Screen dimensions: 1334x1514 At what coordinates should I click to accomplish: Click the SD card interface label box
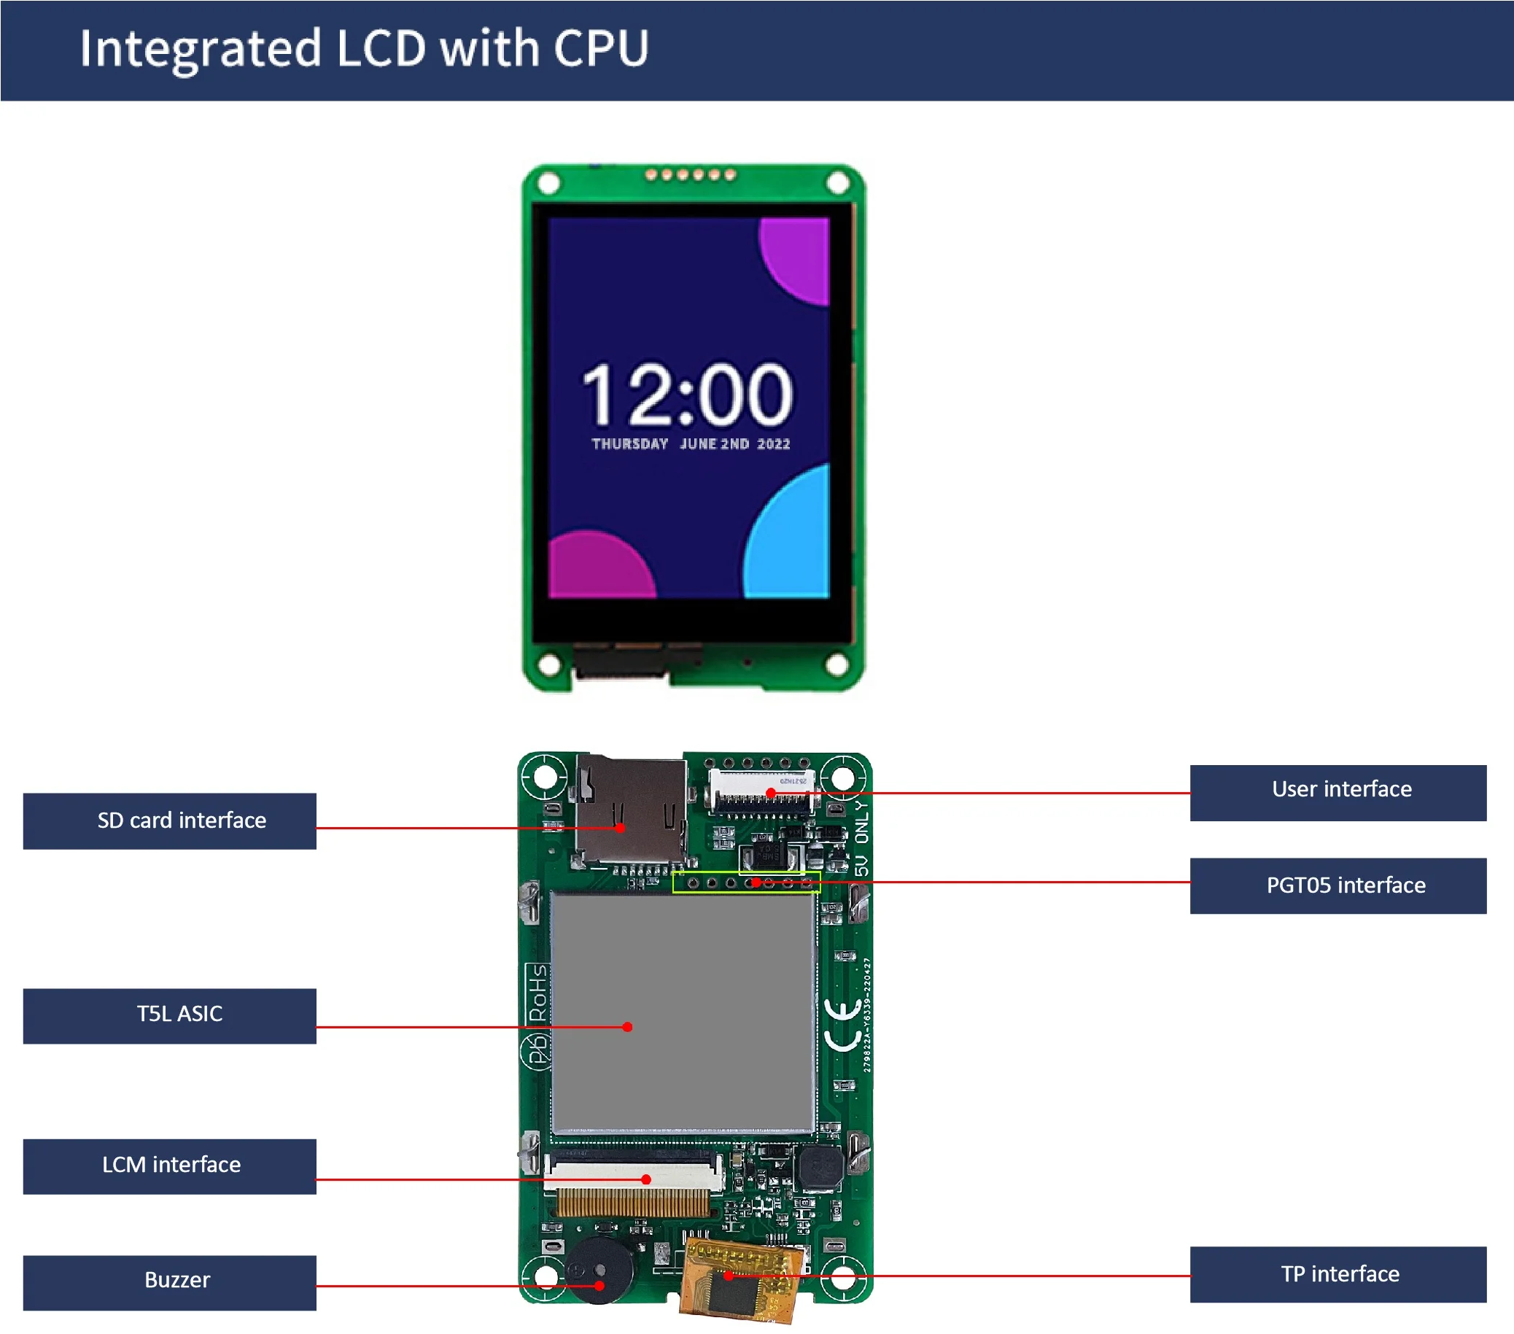click(169, 821)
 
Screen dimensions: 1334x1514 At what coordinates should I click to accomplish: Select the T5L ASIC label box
click(169, 1015)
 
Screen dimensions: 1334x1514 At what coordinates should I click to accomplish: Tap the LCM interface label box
click(169, 1166)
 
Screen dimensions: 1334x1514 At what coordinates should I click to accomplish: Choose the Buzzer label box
click(169, 1282)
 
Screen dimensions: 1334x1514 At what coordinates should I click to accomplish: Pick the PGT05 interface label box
click(1337, 886)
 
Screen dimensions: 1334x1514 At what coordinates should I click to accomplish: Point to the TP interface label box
click(1337, 1274)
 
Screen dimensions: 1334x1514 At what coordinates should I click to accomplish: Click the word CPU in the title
click(601, 49)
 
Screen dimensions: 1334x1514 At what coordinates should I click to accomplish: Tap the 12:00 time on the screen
click(687, 394)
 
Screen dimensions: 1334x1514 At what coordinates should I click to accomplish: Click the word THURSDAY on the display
click(629, 444)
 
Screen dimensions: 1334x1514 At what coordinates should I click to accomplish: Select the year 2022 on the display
click(773, 444)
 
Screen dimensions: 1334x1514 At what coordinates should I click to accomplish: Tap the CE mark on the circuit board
click(842, 1025)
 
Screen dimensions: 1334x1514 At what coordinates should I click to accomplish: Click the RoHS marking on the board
click(537, 993)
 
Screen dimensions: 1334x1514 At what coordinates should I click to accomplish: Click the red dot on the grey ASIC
click(627, 1028)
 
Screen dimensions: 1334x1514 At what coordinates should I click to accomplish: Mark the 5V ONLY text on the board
click(861, 837)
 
